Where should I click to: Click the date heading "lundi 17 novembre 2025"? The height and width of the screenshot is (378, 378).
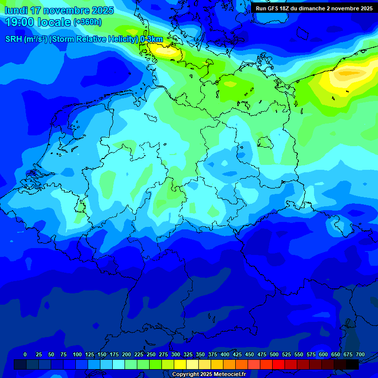pos(59,10)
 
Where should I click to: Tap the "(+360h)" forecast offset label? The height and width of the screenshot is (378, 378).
pos(88,22)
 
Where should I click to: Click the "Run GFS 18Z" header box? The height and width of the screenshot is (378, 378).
pos(314,8)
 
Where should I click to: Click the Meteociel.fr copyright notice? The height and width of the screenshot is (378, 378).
pos(209,375)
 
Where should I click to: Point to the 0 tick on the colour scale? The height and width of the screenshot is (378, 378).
pos(25,354)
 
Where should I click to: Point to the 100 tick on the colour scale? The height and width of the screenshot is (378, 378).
pos(77,354)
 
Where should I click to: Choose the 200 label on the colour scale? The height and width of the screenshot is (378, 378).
pos(126,354)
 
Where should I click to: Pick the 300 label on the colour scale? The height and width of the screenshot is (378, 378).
pos(176,354)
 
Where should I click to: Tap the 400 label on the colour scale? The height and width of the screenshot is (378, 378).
pos(225,354)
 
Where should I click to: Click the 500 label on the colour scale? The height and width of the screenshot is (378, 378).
pos(274,354)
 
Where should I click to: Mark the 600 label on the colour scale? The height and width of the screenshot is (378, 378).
pos(323,354)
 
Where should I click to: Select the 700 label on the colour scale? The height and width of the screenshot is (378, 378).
pos(360,354)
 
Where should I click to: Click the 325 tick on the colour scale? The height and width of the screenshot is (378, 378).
pos(188,354)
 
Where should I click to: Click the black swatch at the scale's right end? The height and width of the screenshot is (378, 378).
pos(352,364)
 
